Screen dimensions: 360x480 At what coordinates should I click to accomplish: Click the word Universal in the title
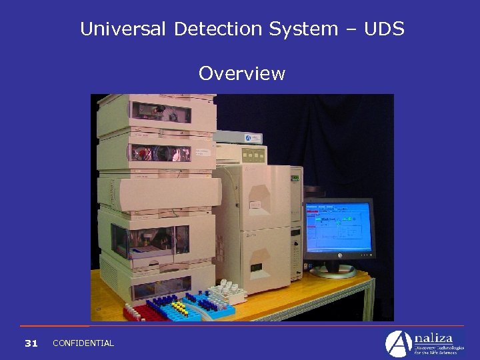pos(125,29)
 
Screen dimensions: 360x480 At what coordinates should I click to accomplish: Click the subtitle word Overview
pos(241,73)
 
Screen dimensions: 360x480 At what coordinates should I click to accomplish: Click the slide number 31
pos(31,343)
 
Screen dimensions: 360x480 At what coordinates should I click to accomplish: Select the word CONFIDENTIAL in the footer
pos(83,343)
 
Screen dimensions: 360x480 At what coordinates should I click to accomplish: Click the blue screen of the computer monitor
pos(338,227)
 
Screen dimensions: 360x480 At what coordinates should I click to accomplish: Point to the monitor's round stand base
pos(333,271)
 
